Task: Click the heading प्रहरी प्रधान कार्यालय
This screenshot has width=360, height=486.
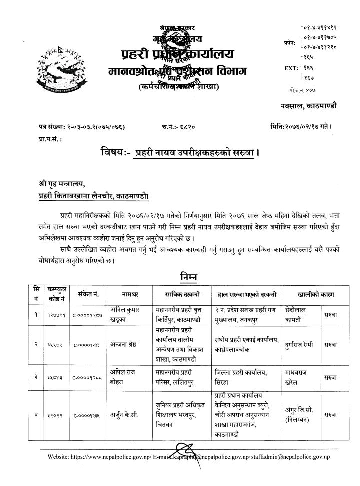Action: click(177, 54)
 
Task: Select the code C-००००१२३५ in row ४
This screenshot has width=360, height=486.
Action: click(89, 415)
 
